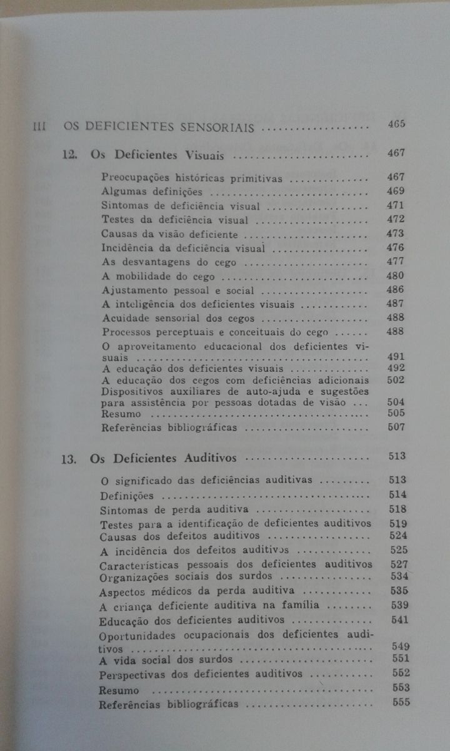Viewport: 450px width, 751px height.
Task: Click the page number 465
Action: point(396,123)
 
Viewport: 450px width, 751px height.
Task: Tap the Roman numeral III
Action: point(40,127)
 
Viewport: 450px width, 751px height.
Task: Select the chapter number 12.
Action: point(69,155)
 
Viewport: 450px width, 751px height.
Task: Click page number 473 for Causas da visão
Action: point(396,233)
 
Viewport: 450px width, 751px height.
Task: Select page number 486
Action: point(396,290)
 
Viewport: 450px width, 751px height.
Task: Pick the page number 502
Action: point(396,379)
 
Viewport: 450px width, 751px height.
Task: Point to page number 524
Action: point(397,536)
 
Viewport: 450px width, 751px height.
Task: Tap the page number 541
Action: point(398,620)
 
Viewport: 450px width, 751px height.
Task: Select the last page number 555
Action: point(400,702)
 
